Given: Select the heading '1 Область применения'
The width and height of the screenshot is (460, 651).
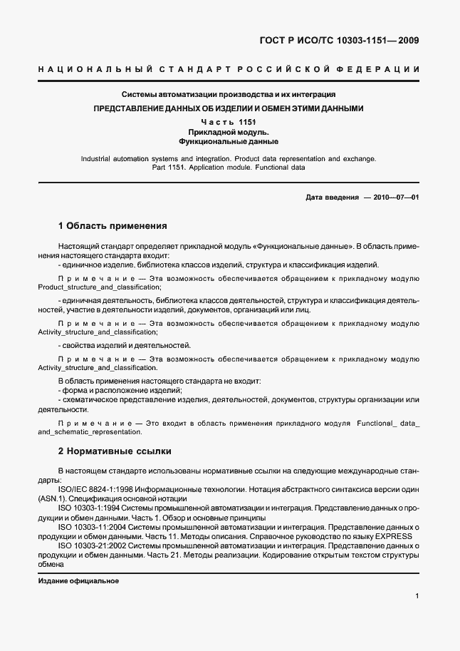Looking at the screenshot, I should pyautogui.click(x=113, y=226).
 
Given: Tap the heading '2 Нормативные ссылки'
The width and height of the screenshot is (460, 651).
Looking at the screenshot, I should pyautogui.click(x=115, y=451).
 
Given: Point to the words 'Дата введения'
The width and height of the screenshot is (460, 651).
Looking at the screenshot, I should pyautogui.click(x=332, y=198).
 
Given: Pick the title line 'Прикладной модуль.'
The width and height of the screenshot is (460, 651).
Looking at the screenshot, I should pyautogui.click(x=229, y=133).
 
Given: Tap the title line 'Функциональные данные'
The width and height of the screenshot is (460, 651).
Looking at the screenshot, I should pyautogui.click(x=229, y=142).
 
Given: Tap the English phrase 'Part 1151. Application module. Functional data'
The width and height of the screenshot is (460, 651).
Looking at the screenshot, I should pyautogui.click(x=229, y=168).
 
